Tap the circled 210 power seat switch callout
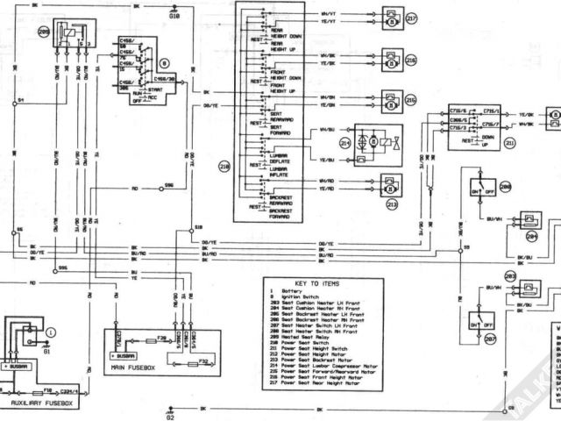pyautogui.click(x=223, y=165)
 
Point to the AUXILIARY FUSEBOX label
pyautogui.click(x=39, y=403)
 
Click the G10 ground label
pyautogui.click(x=173, y=15)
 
